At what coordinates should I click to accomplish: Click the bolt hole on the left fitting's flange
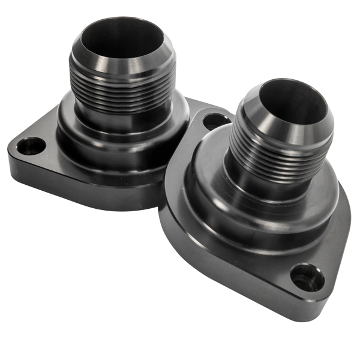31,146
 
